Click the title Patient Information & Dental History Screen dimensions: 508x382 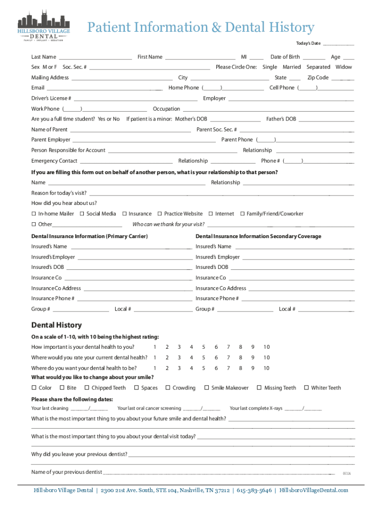[200, 27]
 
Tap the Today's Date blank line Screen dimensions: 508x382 [338, 45]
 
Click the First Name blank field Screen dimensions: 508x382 [200, 58]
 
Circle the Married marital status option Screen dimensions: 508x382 [292, 67]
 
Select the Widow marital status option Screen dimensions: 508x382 [344, 67]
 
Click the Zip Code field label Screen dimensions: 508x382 [318, 78]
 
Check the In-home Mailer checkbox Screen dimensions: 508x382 [34, 214]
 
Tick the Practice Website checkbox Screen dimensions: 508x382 [160, 214]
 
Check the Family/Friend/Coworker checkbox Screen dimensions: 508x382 [243, 214]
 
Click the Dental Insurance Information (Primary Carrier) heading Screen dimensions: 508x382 [90, 236]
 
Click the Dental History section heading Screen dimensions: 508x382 [57, 325]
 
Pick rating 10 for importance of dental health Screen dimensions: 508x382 [266, 347]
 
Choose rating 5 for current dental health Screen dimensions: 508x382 [203, 358]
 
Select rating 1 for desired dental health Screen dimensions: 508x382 [155, 368]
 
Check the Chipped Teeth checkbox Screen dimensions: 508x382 [87, 388]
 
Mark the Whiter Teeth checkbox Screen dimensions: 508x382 [307, 388]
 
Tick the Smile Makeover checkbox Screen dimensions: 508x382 [207, 388]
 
